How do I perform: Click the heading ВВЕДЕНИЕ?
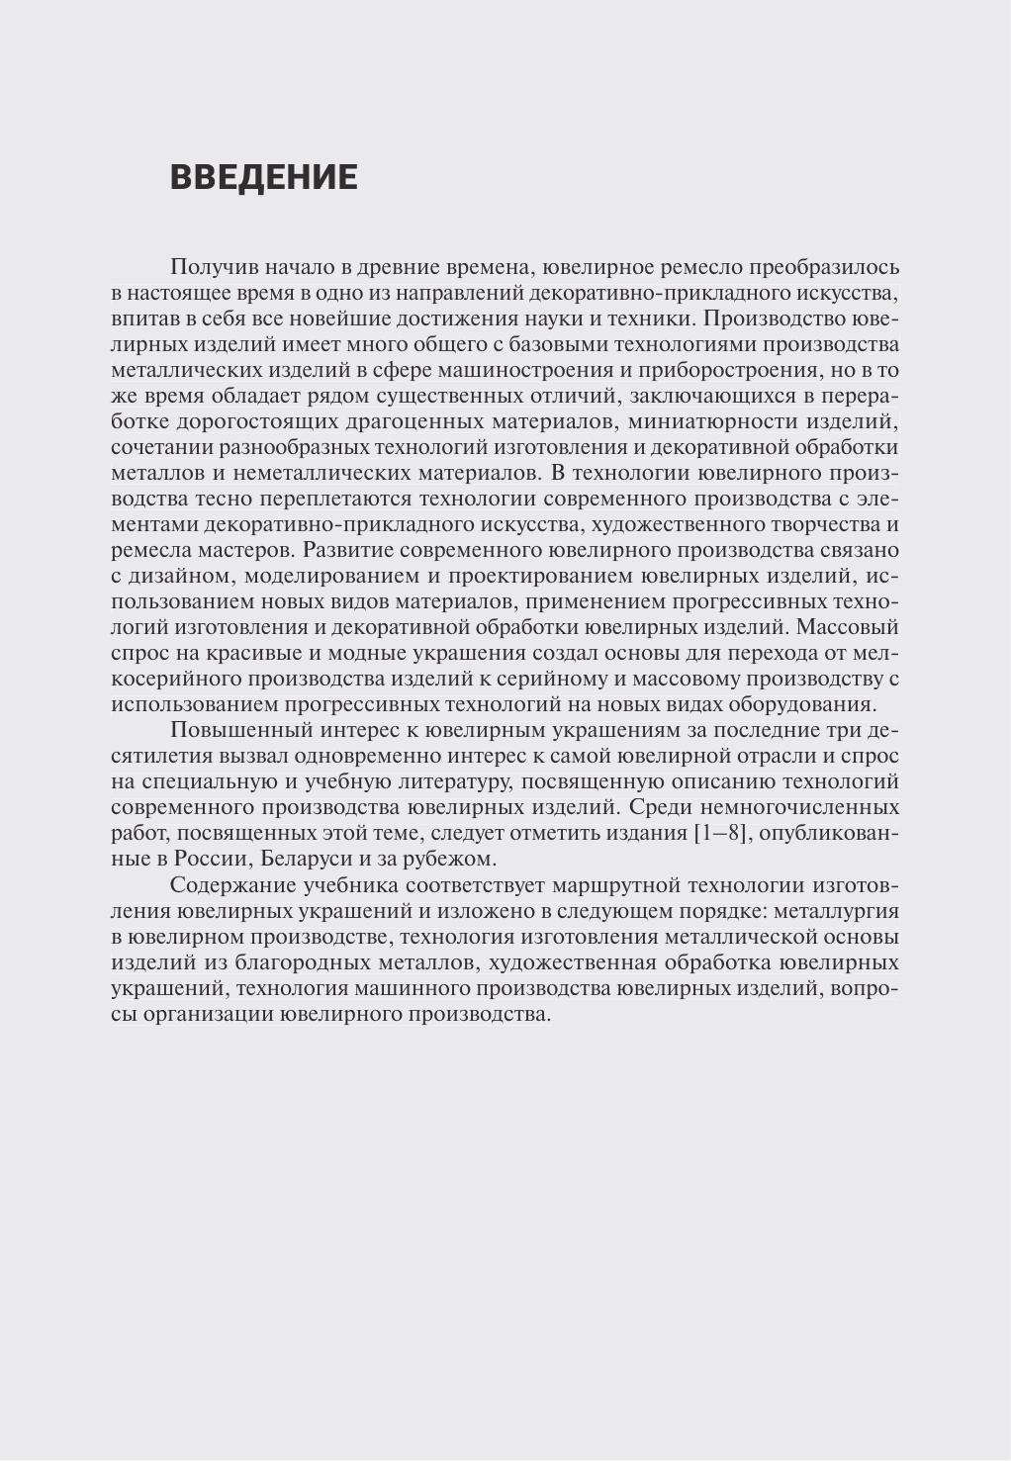tap(263, 177)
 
